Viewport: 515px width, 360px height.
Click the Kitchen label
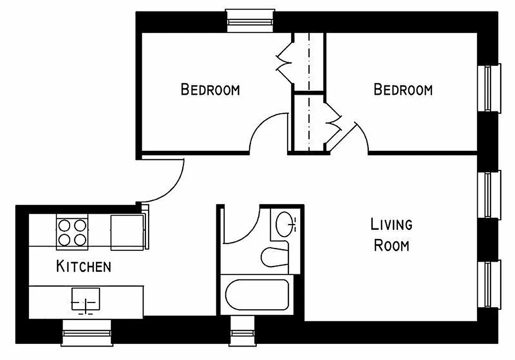(83, 266)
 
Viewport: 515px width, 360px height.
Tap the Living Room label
(391, 234)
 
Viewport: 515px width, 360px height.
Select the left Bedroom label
(210, 89)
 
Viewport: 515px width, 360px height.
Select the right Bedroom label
(403, 89)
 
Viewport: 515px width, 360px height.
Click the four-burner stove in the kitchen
(72, 232)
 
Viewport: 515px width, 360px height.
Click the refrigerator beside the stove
(127, 232)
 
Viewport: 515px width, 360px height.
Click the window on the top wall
(250, 21)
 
